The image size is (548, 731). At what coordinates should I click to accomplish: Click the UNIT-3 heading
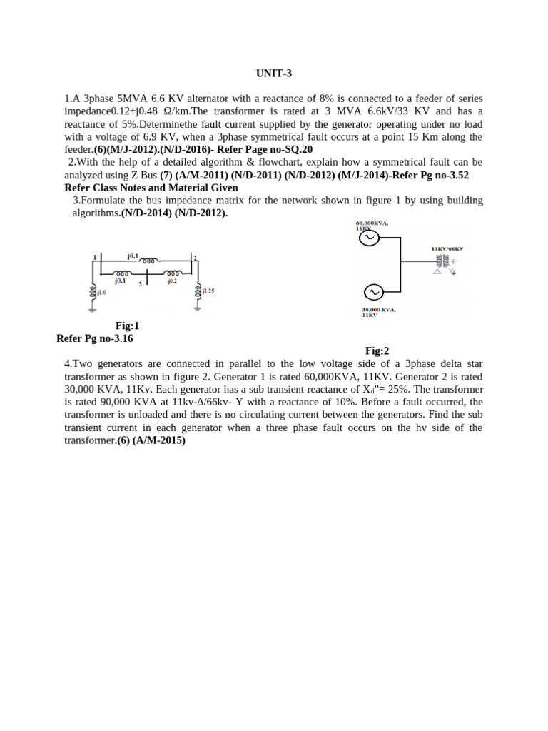click(274, 74)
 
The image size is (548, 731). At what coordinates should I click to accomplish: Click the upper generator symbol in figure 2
click(369, 238)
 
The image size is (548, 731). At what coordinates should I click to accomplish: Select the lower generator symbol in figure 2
click(372, 291)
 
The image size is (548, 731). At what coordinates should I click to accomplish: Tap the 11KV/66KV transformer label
click(447, 249)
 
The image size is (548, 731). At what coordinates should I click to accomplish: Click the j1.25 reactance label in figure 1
click(208, 291)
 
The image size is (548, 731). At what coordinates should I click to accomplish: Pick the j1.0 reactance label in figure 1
click(101, 292)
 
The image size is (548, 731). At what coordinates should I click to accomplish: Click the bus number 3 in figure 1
click(141, 283)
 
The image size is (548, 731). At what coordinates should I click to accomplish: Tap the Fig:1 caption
click(128, 326)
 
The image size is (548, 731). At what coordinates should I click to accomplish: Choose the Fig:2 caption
click(377, 351)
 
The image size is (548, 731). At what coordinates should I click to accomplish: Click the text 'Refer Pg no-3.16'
click(95, 338)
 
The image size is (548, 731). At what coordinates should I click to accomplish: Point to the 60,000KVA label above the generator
click(372, 223)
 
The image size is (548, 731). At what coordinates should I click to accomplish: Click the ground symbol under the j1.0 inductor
click(93, 309)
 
